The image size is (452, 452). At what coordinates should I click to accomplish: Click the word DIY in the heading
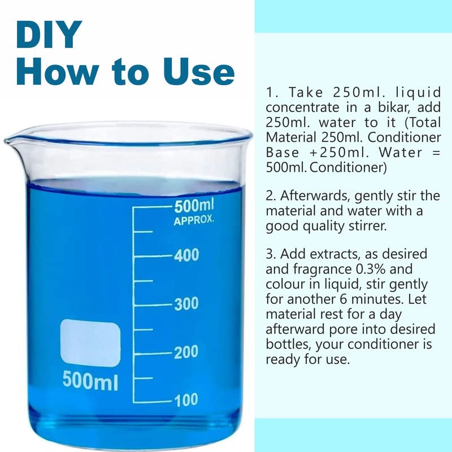click(49, 34)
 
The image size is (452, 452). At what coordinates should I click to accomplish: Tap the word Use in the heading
click(199, 71)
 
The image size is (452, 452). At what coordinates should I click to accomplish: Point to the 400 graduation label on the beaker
click(186, 255)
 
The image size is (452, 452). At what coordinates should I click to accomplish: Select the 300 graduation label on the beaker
click(186, 304)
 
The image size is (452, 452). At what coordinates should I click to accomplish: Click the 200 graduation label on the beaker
click(186, 352)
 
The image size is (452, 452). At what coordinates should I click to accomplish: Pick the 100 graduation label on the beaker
click(186, 400)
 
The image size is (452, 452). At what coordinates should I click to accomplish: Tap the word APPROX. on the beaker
click(194, 220)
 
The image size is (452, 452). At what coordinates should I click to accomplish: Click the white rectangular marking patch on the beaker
click(90, 343)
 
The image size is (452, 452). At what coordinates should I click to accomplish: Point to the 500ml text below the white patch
click(90, 380)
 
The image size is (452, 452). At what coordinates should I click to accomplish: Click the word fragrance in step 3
click(322, 270)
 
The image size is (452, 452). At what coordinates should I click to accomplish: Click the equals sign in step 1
click(437, 153)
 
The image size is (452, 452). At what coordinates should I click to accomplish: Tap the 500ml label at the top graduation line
click(194, 206)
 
